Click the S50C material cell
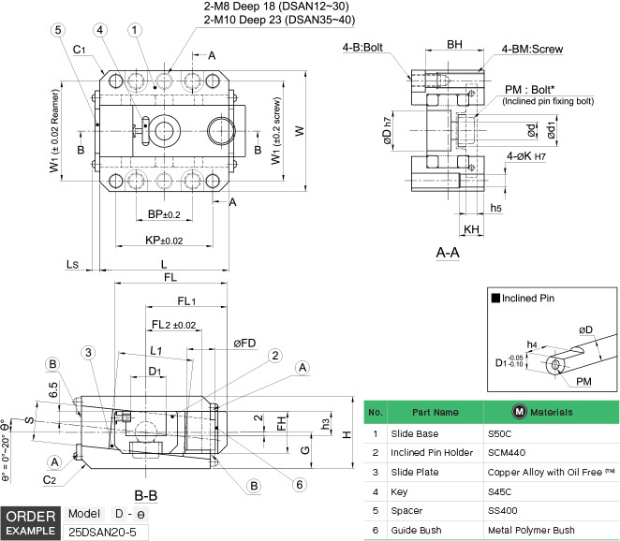point(501,434)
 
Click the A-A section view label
point(447,252)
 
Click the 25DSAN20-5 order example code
point(104,531)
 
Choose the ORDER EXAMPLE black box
point(30,523)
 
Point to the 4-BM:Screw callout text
point(532,49)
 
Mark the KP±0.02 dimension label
point(165,241)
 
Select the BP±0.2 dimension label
point(164,215)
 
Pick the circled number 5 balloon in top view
point(58,30)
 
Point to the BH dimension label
point(454,44)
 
